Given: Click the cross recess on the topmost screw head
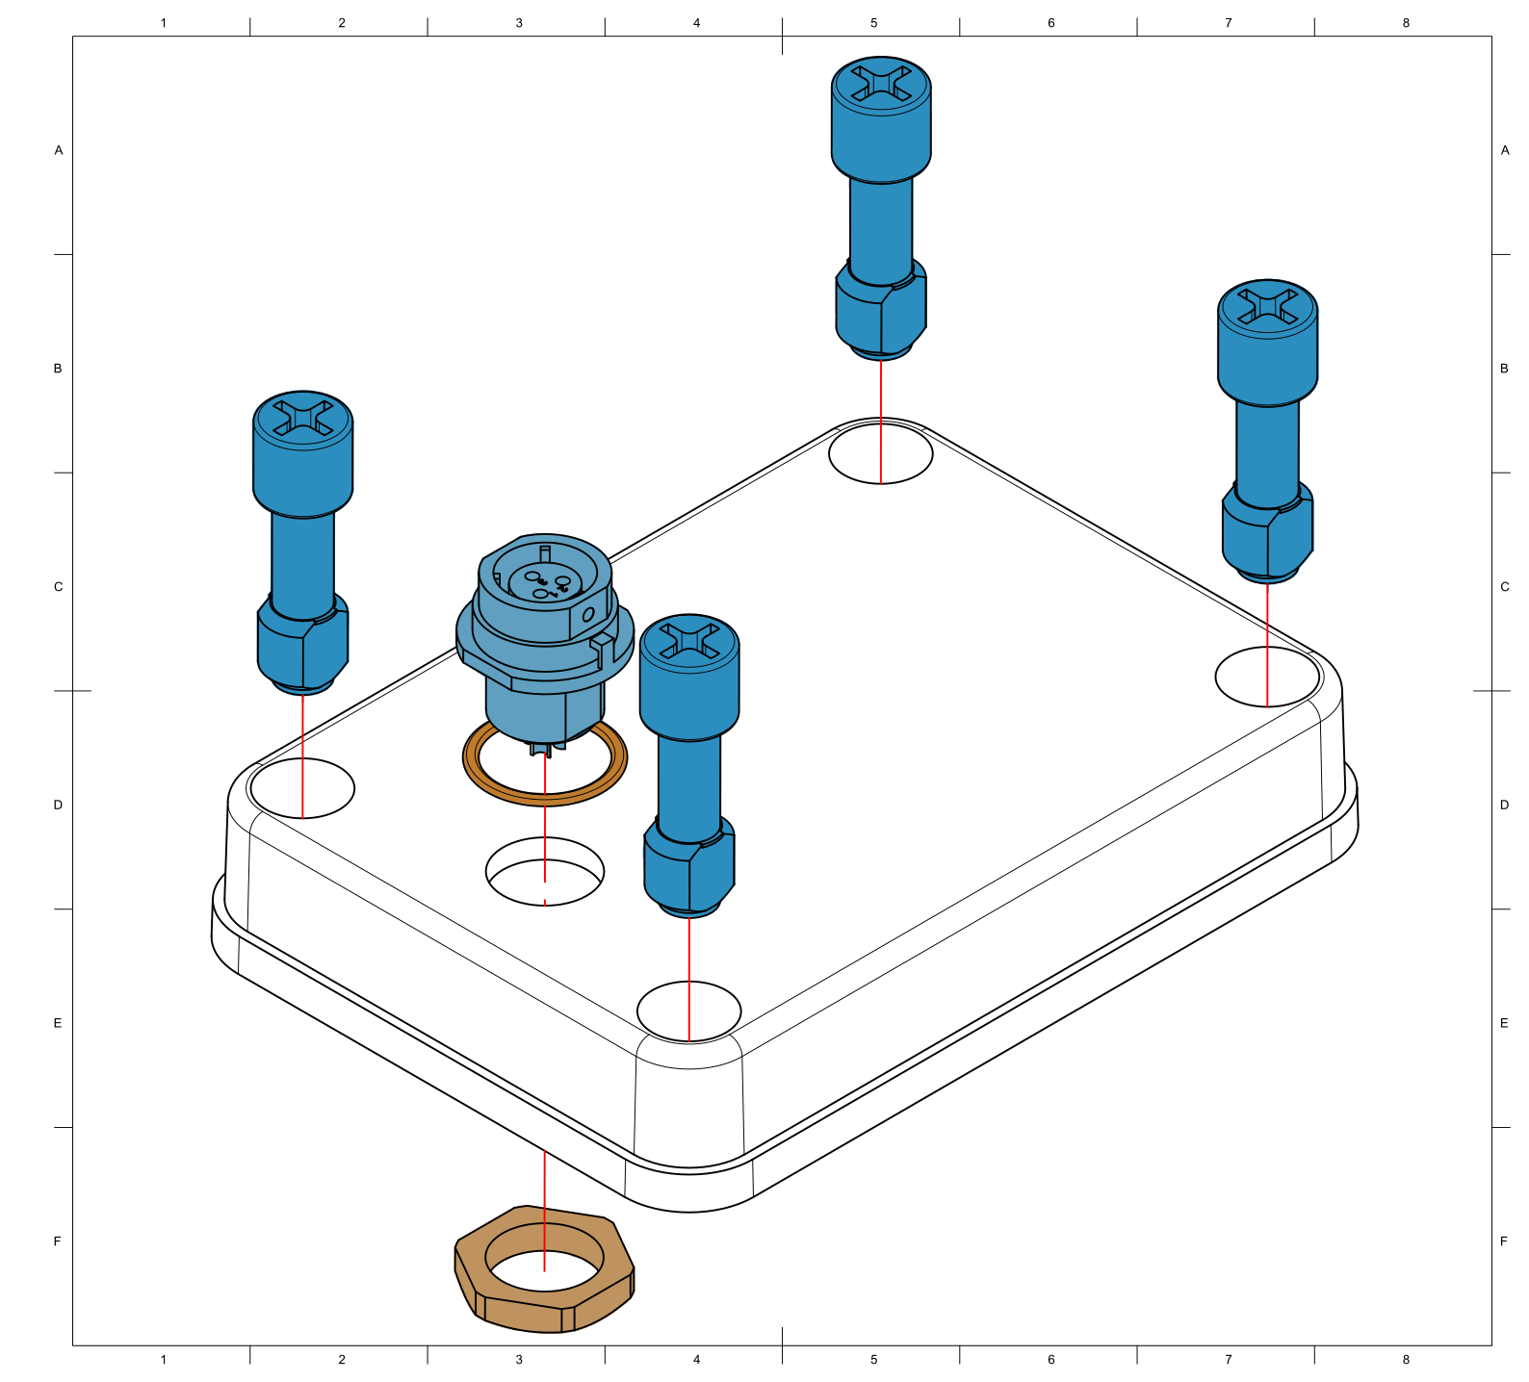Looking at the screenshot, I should point(881,83).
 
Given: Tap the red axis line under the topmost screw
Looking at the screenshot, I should point(880,423).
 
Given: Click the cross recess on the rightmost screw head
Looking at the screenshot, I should point(1267,306).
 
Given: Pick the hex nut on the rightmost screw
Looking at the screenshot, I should point(1267,533).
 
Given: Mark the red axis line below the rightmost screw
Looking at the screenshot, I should point(1267,645).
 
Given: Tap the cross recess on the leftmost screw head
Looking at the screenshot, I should point(302,417).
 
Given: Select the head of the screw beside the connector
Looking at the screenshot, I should point(689,674).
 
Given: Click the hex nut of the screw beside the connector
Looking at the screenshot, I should point(688,866).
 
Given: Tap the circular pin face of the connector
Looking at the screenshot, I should point(544,581).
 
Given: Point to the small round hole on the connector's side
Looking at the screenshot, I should point(588,614).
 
